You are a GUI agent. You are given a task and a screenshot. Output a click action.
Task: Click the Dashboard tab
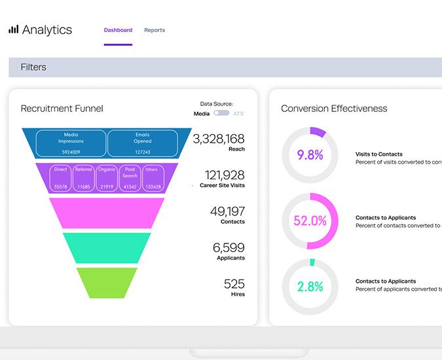118,30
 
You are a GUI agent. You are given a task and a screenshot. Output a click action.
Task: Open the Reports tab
155,30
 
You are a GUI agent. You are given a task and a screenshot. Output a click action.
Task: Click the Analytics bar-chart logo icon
13,29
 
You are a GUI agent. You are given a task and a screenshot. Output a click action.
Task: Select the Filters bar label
33,67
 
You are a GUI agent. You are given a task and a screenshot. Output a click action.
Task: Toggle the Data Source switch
221,113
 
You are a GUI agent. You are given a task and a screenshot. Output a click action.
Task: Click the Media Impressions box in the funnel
71,143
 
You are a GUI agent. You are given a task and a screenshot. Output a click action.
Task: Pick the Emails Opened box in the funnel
142,143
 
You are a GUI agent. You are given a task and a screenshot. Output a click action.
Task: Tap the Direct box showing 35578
61,177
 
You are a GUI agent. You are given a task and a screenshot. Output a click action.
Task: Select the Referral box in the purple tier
83,177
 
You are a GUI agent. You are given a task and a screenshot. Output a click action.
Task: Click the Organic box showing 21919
107,177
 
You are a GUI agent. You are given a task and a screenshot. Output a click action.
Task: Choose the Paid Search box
130,177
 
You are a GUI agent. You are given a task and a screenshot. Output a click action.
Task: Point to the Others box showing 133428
152,177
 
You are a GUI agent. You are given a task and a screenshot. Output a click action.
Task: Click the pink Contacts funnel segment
106,213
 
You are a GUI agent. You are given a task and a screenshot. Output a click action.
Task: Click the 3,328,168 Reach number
218,139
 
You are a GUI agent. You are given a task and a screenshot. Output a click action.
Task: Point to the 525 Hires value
234,284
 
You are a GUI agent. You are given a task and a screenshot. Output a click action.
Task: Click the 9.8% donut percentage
310,155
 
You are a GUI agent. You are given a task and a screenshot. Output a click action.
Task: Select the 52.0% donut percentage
310,221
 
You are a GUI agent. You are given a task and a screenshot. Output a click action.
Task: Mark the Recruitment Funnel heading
62,109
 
